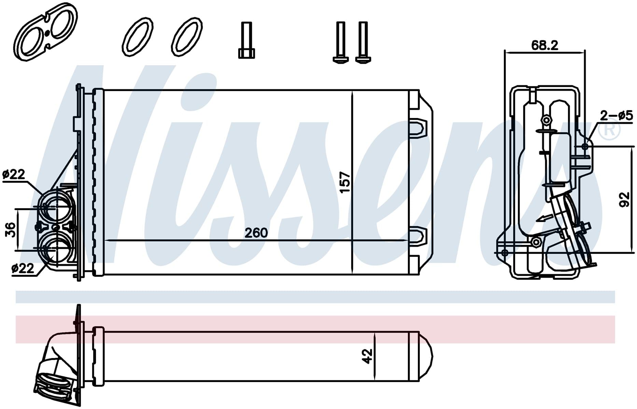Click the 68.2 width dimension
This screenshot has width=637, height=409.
(x=544, y=45)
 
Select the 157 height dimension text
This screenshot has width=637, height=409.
(x=345, y=182)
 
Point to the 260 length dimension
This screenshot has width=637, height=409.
(x=256, y=233)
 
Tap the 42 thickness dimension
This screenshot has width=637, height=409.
(x=367, y=356)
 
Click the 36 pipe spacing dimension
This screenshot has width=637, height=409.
(x=11, y=230)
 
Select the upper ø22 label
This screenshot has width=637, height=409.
(x=14, y=174)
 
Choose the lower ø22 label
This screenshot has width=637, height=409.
(x=23, y=268)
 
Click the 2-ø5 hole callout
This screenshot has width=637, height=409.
(x=617, y=116)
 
